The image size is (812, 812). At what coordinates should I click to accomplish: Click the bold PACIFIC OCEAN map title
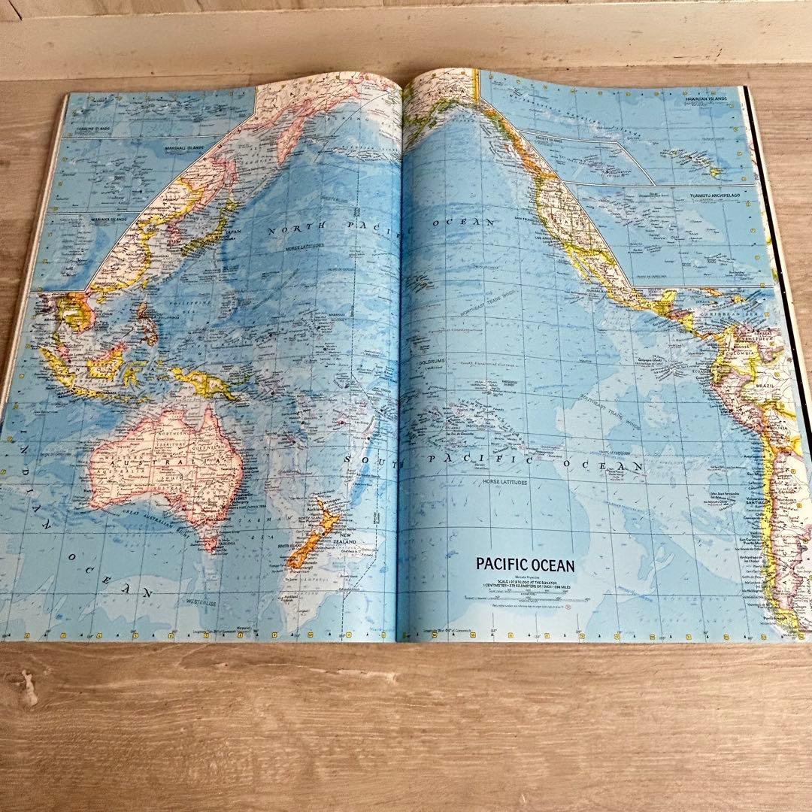click(x=525, y=565)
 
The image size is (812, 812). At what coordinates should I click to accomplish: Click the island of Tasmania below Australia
click(x=211, y=538)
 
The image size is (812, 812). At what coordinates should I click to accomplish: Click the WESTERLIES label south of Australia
click(x=180, y=601)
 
